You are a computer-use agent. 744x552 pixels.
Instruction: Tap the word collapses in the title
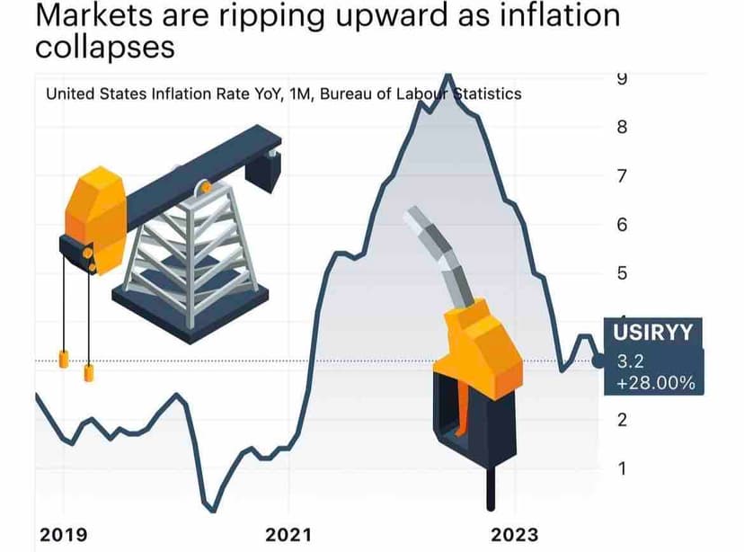(103, 46)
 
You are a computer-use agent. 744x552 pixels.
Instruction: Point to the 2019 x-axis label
(63, 535)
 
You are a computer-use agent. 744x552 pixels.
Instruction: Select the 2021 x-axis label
(288, 535)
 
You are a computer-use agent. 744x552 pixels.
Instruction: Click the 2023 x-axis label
(515, 535)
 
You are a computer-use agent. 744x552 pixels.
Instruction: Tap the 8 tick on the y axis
(621, 128)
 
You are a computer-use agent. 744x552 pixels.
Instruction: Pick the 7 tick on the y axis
(621, 176)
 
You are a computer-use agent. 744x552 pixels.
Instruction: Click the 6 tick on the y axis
(621, 225)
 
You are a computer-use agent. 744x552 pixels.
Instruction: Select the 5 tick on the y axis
(621, 273)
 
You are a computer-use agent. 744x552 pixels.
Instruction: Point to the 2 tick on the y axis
(621, 420)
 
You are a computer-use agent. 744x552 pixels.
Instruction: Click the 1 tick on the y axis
(621, 468)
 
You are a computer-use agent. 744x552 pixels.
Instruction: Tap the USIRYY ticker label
(654, 333)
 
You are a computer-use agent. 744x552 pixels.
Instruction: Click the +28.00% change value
(656, 383)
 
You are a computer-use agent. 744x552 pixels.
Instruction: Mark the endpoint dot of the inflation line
(599, 361)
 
